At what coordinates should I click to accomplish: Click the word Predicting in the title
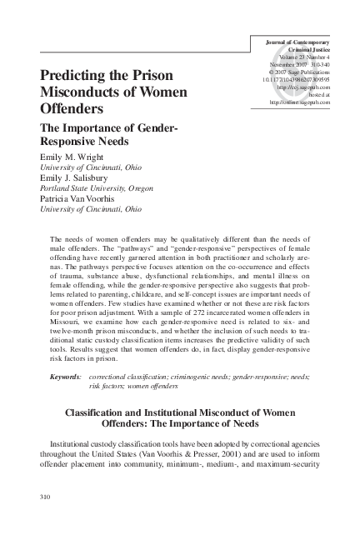pyautogui.click(x=74, y=75)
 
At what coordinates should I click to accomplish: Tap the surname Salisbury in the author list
pyautogui.click(x=93, y=177)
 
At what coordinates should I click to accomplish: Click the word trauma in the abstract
pyautogui.click(x=70, y=274)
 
